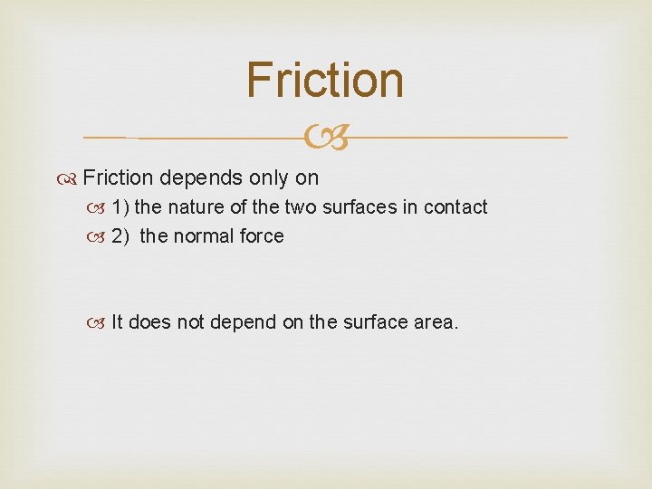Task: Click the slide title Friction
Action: (x=325, y=80)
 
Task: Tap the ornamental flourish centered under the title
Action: (x=325, y=138)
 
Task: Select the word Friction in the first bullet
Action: (x=119, y=177)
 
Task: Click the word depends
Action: (x=197, y=177)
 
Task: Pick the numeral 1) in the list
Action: (x=120, y=207)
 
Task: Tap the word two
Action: (x=300, y=207)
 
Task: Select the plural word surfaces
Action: (x=359, y=207)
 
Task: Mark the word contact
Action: (x=455, y=207)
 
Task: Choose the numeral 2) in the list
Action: (x=120, y=236)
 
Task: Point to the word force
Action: (x=263, y=236)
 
